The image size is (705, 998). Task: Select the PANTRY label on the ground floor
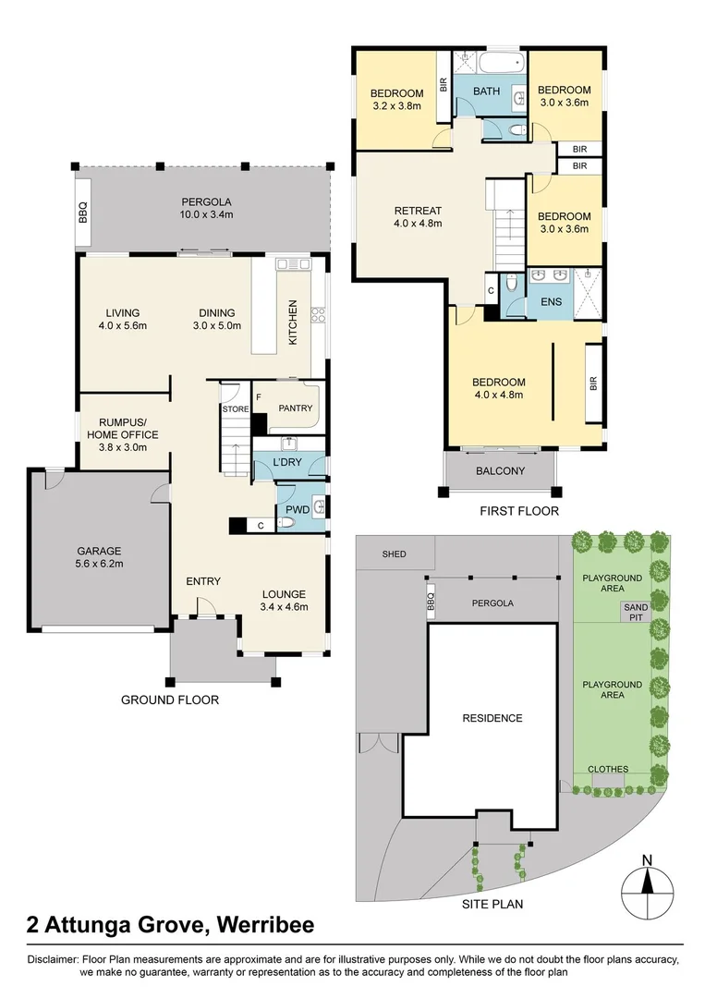point(295,408)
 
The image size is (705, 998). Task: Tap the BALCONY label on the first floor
point(500,471)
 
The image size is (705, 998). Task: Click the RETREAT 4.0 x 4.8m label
point(418,216)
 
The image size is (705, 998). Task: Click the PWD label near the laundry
point(297,508)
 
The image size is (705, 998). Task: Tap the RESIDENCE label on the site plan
point(492,718)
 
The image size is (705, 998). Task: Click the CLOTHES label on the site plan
point(607,769)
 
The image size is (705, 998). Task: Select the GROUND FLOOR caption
point(170,700)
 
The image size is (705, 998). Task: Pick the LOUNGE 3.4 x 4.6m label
point(284,600)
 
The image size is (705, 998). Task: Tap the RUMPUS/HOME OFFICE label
point(122,434)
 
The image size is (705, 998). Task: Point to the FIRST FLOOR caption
point(519,510)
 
